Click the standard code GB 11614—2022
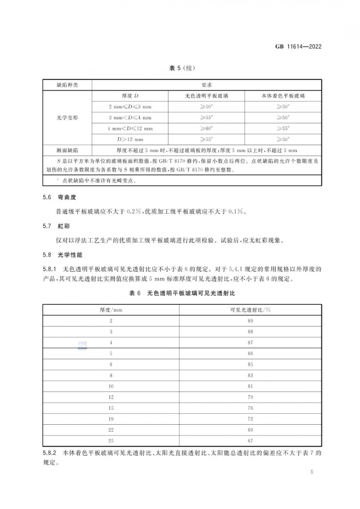point(298,46)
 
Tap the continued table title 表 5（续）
point(182,68)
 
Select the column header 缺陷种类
point(67,85)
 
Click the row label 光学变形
point(67,117)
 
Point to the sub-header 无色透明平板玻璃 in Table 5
point(206,96)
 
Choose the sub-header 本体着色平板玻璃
point(283,96)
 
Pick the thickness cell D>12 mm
point(130,139)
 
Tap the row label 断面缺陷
point(67,150)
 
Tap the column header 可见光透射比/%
point(250,310)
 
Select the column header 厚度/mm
point(111,310)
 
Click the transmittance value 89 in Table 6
point(250,321)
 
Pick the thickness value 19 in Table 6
point(111,419)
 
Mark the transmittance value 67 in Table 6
point(250,441)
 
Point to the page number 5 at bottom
point(311,472)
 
